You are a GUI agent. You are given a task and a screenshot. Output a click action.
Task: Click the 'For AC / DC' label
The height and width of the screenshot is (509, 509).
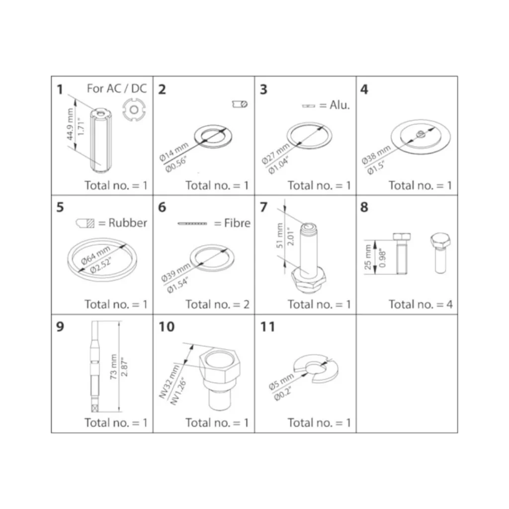pyautogui.click(x=117, y=88)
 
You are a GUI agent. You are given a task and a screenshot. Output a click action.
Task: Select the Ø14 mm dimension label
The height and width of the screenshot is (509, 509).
pyautogui.click(x=173, y=152)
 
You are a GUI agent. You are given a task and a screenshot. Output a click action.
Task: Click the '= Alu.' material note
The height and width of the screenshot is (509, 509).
pyautogui.click(x=335, y=105)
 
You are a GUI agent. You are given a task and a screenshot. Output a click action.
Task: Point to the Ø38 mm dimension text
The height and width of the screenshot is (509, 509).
pyautogui.click(x=376, y=155)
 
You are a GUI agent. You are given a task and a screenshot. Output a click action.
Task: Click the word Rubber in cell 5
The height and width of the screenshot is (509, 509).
pyautogui.click(x=128, y=223)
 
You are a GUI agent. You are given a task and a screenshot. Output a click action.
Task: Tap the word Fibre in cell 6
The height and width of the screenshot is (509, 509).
pyautogui.click(x=237, y=223)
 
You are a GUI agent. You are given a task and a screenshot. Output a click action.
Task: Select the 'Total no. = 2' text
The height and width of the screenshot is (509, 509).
pyautogui.click(x=218, y=304)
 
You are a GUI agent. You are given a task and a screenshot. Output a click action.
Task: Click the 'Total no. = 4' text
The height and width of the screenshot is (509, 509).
pyautogui.click(x=421, y=304)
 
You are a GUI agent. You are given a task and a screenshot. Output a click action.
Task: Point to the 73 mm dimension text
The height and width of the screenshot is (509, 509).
pyautogui.click(x=113, y=366)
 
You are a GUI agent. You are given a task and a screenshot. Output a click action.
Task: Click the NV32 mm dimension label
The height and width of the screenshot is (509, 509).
pyautogui.click(x=169, y=382)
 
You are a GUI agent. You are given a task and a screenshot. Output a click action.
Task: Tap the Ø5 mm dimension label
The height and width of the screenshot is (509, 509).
pyautogui.click(x=281, y=381)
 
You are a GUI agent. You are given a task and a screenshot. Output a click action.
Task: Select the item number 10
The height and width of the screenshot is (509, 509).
pyautogui.click(x=166, y=327)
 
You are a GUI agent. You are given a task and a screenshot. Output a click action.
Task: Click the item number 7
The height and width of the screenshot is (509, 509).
pyautogui.click(x=263, y=207)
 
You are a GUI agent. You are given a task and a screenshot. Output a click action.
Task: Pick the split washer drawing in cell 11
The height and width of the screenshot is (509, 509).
pyautogui.click(x=316, y=368)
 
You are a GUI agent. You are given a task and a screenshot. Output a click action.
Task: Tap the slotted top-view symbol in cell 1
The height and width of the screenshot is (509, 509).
pyautogui.click(x=134, y=110)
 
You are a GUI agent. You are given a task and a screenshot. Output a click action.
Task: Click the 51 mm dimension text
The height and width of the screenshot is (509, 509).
pyautogui.click(x=280, y=236)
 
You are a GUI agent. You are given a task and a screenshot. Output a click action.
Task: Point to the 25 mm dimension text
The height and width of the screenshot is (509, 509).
pyautogui.click(x=368, y=257)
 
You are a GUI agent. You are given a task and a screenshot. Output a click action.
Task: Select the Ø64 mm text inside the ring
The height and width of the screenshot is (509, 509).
pyautogui.click(x=96, y=255)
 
